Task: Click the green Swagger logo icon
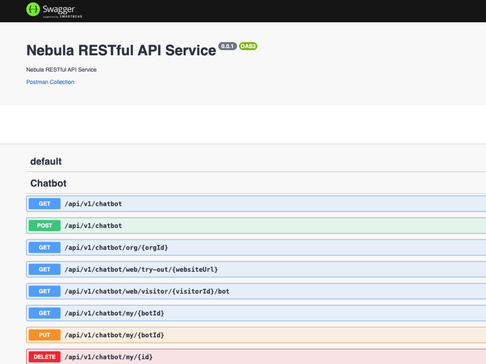pyautogui.click(x=33, y=9)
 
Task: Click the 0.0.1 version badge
pyautogui.click(x=227, y=46)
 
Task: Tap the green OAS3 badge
pyautogui.click(x=248, y=46)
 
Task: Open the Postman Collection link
pyautogui.click(x=50, y=82)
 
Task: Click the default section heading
pyautogui.click(x=46, y=161)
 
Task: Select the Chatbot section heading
pyautogui.click(x=48, y=183)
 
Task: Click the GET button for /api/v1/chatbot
pyautogui.click(x=45, y=204)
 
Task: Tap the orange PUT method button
pyautogui.click(x=45, y=335)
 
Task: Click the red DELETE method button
pyautogui.click(x=45, y=357)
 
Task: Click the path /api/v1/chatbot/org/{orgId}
pyautogui.click(x=116, y=248)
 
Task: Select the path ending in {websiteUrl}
pyautogui.click(x=141, y=269)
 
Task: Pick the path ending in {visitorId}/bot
pyautogui.click(x=147, y=291)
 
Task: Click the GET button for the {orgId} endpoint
pyautogui.click(x=45, y=248)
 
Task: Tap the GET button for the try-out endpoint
pyautogui.click(x=45, y=269)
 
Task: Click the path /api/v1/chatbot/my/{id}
pyautogui.click(x=109, y=357)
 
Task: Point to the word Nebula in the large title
pyautogui.click(x=50, y=50)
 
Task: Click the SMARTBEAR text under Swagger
pyautogui.click(x=71, y=17)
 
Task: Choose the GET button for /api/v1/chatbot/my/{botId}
pyautogui.click(x=45, y=313)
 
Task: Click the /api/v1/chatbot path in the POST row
pyautogui.click(x=93, y=226)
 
